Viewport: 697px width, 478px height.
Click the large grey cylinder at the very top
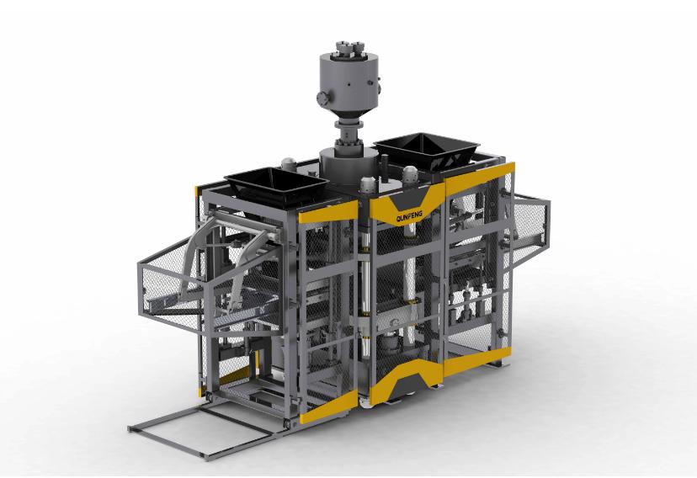(x=346, y=81)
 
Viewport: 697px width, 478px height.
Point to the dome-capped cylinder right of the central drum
(x=367, y=187)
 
